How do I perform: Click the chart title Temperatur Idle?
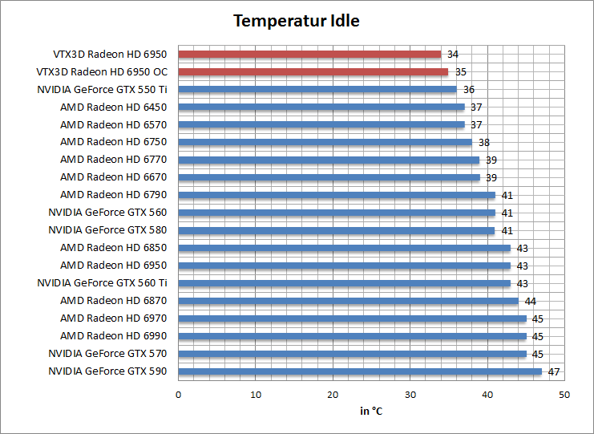pyautogui.click(x=297, y=22)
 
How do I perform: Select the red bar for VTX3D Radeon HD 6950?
pyautogui.click(x=309, y=55)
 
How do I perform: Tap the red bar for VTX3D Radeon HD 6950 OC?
pyautogui.click(x=313, y=72)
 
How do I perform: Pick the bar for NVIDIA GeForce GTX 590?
pyautogui.click(x=360, y=371)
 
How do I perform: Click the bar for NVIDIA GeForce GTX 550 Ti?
pyautogui.click(x=317, y=89)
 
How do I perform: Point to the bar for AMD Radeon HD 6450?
pyautogui.click(x=321, y=107)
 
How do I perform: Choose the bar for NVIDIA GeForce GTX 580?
pyautogui.click(x=337, y=230)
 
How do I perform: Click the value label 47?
pyautogui.click(x=554, y=371)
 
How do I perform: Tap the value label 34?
pyautogui.click(x=453, y=55)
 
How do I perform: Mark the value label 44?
pyautogui.click(x=530, y=301)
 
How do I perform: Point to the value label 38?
pyautogui.click(x=484, y=142)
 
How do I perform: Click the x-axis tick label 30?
pyautogui.click(x=410, y=394)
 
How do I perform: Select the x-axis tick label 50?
pyautogui.click(x=564, y=394)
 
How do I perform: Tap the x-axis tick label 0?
pyautogui.click(x=179, y=394)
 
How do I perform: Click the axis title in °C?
pyautogui.click(x=371, y=412)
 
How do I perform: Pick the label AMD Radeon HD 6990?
pyautogui.click(x=113, y=336)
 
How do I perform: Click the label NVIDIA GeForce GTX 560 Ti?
pyautogui.click(x=102, y=283)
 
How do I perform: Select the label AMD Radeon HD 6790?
pyautogui.click(x=113, y=195)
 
